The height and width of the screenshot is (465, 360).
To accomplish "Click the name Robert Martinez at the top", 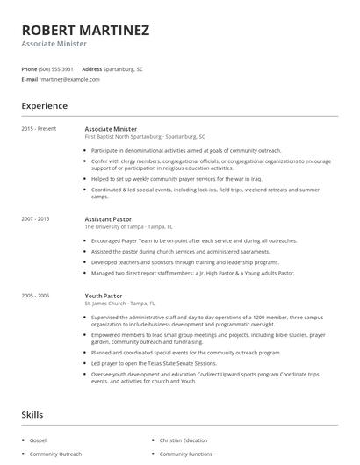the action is (x=85, y=30).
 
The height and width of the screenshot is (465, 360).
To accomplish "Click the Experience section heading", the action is (x=45, y=106).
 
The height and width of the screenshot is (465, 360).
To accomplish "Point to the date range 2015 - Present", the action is (x=40, y=128).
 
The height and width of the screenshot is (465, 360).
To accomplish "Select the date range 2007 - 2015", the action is (x=36, y=218).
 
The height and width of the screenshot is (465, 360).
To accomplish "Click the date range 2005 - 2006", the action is (x=36, y=296).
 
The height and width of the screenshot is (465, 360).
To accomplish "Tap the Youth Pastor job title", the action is (x=104, y=296).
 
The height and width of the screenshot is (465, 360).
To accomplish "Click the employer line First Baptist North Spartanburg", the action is (x=145, y=137).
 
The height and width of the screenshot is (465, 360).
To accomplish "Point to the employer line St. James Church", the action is (x=119, y=304).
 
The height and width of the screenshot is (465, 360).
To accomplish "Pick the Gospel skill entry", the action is (x=39, y=440).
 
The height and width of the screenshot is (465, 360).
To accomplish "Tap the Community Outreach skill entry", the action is (x=55, y=454).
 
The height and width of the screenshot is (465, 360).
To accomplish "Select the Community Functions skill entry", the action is (x=185, y=454).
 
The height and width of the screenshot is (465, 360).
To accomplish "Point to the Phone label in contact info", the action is (x=29, y=68).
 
